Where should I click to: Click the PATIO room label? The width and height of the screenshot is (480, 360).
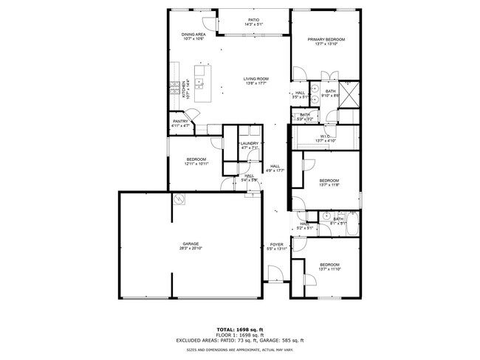[x=253, y=20]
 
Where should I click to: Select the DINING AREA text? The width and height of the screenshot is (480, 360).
[x=193, y=35]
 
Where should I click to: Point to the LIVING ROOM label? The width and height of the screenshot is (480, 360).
[x=256, y=79]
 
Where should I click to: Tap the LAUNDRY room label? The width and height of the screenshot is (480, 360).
[x=250, y=143]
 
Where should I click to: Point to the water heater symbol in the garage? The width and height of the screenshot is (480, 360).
[x=178, y=199]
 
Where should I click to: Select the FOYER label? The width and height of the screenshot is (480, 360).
[x=276, y=244]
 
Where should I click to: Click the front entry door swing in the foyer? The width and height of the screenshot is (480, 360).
[x=273, y=277]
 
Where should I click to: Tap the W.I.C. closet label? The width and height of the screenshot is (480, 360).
[x=326, y=136]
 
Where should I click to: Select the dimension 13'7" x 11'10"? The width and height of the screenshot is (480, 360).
[x=329, y=269]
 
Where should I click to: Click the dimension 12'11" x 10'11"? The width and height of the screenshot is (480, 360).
[x=196, y=164]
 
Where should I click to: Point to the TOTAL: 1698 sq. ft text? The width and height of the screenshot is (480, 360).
[x=239, y=329]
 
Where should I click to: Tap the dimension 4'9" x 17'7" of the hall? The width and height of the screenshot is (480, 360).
[x=275, y=171]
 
